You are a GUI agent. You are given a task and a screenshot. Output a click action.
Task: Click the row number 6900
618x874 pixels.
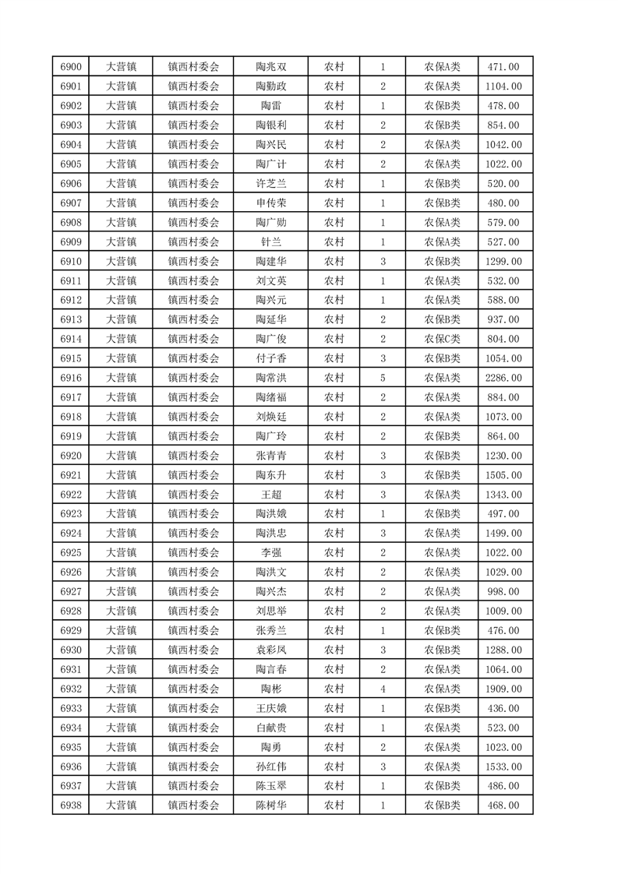tap(71, 67)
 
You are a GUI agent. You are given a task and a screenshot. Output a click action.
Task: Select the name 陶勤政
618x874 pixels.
tap(270, 86)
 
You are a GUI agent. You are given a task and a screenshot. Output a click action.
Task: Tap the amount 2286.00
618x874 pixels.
tap(503, 378)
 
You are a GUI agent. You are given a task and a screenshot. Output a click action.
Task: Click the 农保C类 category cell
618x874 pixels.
tap(442, 339)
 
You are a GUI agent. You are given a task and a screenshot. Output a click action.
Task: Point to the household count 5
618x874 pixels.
tap(383, 378)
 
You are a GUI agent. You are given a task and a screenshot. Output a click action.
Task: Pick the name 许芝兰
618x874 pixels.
tap(270, 184)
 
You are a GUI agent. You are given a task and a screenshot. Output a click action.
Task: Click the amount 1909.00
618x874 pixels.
tap(503, 689)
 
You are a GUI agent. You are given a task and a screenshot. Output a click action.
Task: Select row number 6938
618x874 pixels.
tap(71, 805)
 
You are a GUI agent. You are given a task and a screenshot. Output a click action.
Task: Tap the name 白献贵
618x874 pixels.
tap(270, 728)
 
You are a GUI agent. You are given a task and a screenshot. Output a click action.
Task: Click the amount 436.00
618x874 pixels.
tap(503, 708)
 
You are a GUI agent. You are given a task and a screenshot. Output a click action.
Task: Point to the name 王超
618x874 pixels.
tap(270, 495)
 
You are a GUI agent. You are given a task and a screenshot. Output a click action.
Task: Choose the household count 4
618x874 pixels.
tap(383, 689)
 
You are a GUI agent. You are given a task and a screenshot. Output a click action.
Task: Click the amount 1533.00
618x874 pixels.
tap(503, 767)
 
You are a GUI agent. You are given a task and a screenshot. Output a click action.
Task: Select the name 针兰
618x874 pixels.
tap(270, 242)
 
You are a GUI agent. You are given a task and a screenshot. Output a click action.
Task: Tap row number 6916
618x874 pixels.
tap(71, 378)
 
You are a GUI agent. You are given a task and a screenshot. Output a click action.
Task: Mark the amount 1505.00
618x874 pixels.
tap(503, 475)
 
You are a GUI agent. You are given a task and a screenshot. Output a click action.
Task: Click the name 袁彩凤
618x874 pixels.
tap(270, 650)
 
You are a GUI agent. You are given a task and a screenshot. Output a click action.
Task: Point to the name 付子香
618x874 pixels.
tap(270, 358)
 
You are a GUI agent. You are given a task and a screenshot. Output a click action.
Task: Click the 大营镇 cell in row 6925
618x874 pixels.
tap(122, 553)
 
